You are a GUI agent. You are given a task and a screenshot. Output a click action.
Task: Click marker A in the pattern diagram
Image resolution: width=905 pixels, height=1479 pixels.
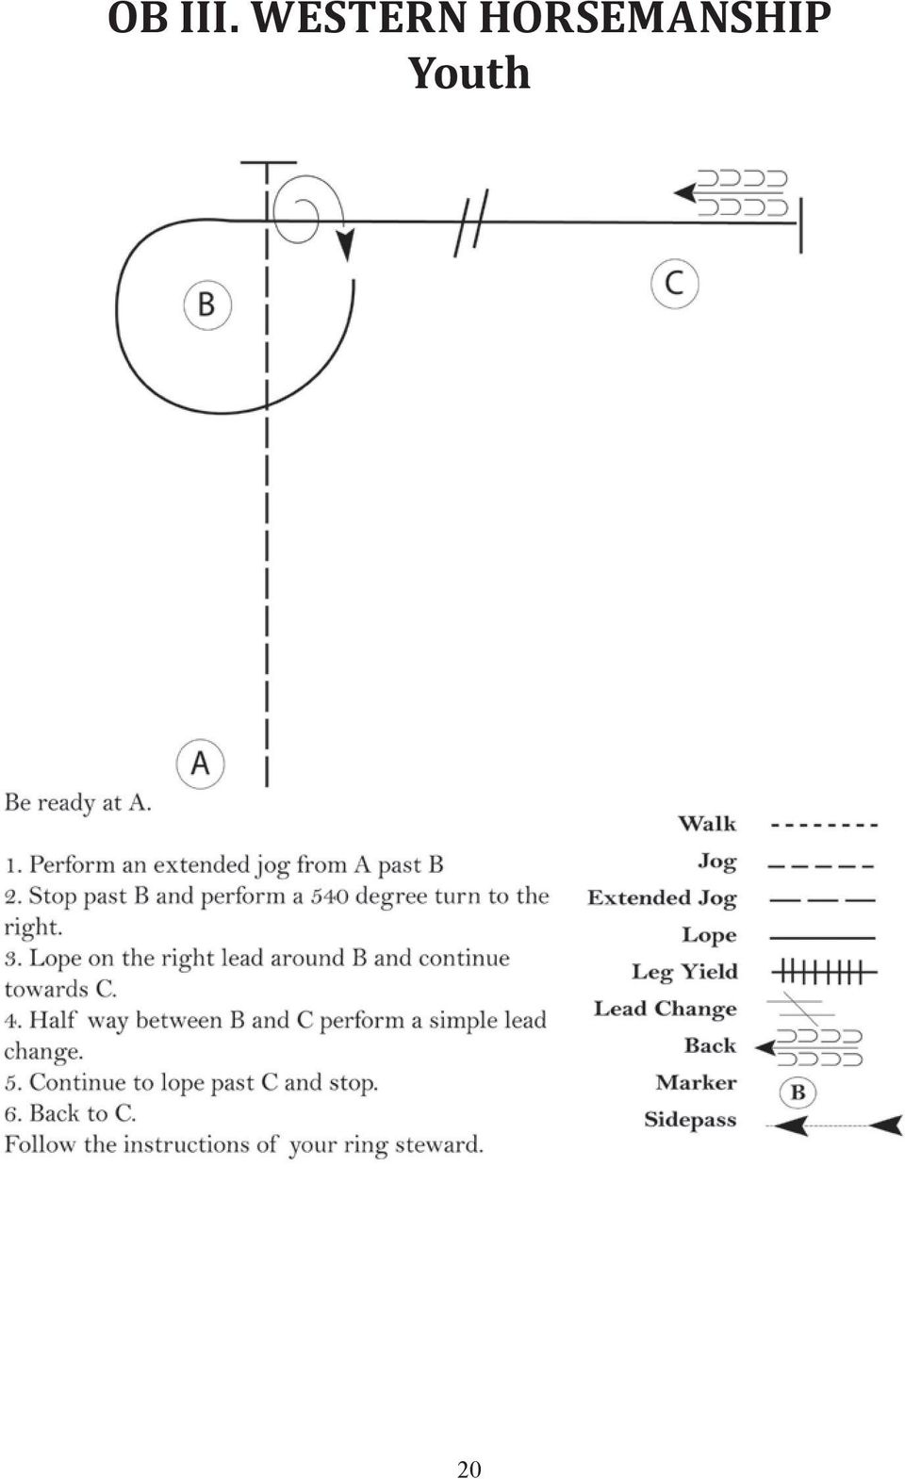(200, 764)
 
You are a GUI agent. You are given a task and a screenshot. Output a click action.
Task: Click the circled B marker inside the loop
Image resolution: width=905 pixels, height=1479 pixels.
(207, 305)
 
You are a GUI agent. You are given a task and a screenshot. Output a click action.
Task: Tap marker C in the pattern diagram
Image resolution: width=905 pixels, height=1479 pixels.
(674, 284)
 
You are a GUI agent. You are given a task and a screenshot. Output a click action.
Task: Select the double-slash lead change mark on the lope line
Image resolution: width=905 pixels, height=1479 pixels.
(471, 222)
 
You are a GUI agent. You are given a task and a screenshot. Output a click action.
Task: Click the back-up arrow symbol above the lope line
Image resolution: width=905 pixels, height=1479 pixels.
(730, 193)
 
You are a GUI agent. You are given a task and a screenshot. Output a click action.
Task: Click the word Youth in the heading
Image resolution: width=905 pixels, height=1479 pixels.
(469, 73)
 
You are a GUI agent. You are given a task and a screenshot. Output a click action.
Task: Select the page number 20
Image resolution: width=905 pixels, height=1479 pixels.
(469, 1469)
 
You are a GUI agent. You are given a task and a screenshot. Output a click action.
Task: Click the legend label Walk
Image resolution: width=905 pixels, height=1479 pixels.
(707, 823)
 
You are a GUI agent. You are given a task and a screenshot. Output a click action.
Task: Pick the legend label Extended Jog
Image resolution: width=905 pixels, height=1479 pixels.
(662, 898)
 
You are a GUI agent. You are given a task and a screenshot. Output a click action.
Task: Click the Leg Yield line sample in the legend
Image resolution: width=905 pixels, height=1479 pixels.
(824, 972)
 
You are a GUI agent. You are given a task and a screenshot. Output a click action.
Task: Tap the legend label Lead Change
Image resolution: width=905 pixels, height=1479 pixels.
(666, 1009)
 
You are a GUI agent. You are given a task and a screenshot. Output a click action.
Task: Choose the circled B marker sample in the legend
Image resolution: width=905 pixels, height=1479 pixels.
(798, 1093)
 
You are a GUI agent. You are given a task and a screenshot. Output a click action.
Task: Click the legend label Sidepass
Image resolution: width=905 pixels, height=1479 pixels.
(690, 1120)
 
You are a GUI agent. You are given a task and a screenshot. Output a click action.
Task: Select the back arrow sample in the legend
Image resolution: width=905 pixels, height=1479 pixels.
(809, 1047)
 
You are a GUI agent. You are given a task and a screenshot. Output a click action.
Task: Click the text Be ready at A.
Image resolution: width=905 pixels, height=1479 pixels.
(78, 803)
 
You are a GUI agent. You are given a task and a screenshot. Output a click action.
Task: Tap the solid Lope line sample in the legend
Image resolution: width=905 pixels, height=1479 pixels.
(822, 937)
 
